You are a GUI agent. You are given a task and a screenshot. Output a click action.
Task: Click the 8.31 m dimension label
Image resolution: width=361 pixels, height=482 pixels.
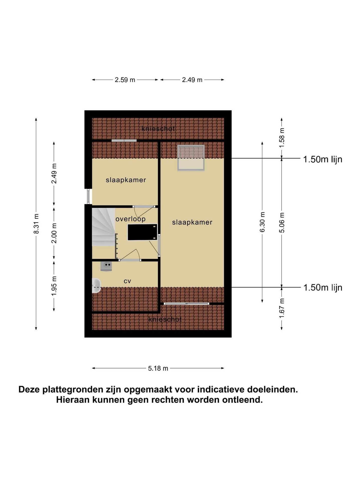click(x=36, y=224)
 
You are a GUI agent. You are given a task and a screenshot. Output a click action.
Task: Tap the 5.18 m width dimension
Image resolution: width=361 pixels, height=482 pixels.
click(x=158, y=368)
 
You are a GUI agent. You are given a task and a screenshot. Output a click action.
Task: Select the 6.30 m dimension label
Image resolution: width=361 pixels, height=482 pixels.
click(x=262, y=222)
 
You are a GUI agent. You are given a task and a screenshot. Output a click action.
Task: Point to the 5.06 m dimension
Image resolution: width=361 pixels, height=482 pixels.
click(x=282, y=222)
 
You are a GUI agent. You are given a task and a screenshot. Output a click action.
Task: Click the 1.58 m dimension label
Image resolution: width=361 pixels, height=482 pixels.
click(x=282, y=138)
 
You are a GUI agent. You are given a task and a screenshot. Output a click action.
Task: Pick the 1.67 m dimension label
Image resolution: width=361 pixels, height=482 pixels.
click(x=282, y=308)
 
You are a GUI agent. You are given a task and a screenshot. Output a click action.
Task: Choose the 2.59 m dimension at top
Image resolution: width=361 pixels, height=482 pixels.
click(x=125, y=80)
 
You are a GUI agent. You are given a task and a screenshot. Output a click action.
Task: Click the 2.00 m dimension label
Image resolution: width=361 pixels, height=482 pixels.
click(x=54, y=233)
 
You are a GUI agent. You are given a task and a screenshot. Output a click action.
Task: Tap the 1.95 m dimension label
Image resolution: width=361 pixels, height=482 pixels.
click(x=54, y=286)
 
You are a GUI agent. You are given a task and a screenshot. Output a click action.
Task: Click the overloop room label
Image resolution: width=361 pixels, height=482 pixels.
click(x=130, y=219)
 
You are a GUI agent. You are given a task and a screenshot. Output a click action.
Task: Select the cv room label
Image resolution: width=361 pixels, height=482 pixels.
click(x=127, y=281)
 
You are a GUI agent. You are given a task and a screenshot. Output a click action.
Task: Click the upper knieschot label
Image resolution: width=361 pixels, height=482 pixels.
click(x=158, y=129)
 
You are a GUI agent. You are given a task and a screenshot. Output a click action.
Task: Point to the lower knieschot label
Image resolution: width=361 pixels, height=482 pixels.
click(x=165, y=319)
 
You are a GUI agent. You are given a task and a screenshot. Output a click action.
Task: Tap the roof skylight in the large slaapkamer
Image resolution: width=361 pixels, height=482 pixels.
click(x=191, y=158)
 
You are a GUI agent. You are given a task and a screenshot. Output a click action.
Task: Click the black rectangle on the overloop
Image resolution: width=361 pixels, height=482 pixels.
click(x=142, y=232)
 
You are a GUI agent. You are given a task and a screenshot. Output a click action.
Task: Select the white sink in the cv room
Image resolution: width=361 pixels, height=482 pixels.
click(x=96, y=285)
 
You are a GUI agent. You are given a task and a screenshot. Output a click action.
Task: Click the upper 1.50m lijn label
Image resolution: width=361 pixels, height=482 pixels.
click(x=323, y=159)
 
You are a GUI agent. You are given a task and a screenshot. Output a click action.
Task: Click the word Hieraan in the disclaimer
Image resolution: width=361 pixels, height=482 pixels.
click(x=73, y=399)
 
